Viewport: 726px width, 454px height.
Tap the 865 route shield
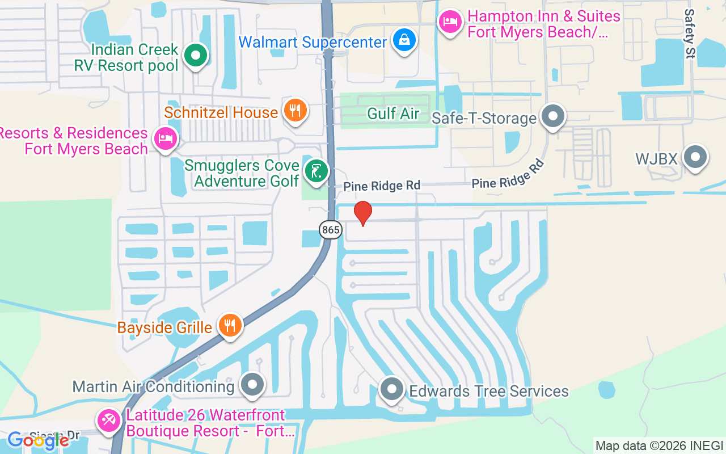pyautogui.click(x=330, y=230)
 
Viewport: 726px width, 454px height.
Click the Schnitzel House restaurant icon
pyautogui.click(x=294, y=110)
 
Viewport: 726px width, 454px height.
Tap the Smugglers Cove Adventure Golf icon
pyautogui.click(x=316, y=171)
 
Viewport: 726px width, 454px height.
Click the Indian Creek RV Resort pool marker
pyautogui.click(x=196, y=56)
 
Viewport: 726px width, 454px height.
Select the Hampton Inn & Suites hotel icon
pyautogui.click(x=450, y=23)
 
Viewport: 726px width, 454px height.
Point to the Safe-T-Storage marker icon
pyautogui.click(x=553, y=116)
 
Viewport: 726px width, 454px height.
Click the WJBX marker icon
pyautogui.click(x=695, y=157)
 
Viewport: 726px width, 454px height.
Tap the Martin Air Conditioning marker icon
pyautogui.click(x=252, y=385)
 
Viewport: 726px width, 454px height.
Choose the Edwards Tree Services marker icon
pyautogui.click(x=391, y=390)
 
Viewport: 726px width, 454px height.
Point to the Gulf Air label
pyautogui.click(x=393, y=113)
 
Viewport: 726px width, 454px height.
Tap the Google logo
pyautogui.click(x=38, y=440)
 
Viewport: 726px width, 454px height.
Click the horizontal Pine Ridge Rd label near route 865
pyautogui.click(x=382, y=186)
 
